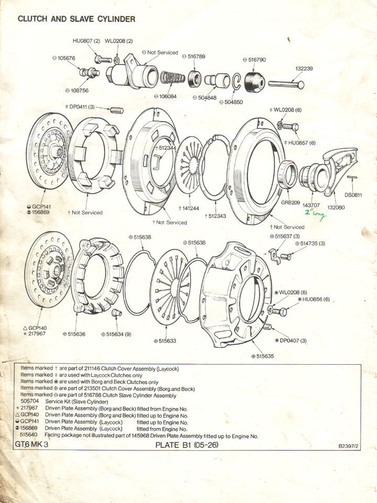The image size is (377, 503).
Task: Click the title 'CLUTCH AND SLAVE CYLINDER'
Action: (76, 19)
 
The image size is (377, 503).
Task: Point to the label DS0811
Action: (353, 195)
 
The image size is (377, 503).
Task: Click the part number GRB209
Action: (290, 202)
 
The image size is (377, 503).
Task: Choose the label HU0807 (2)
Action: (86, 41)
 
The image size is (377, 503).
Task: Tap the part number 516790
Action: (254, 60)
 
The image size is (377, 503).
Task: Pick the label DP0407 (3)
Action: (291, 340)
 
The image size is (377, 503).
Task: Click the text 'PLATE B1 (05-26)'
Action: (187, 445)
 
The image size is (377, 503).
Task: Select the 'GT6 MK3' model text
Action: (31, 445)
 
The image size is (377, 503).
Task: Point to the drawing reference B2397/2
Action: (350, 447)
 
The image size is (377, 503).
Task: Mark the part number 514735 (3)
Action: (310, 243)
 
